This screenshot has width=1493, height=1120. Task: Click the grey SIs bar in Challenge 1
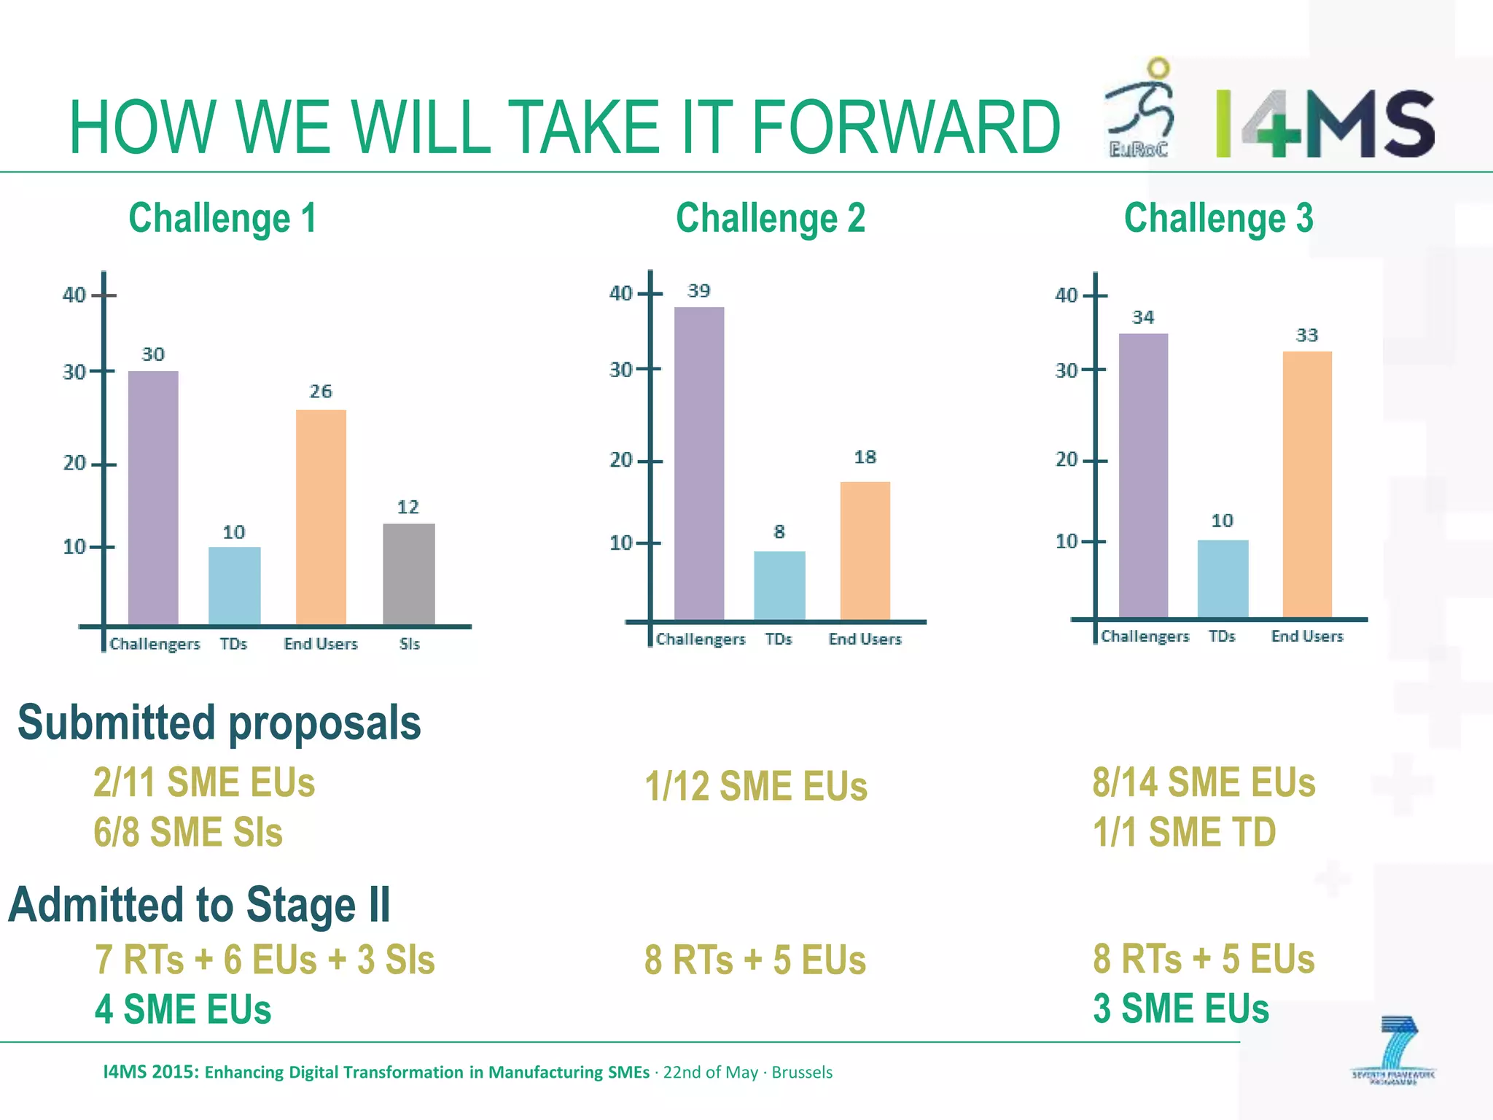[408, 574]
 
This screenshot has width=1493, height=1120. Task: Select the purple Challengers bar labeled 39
[699, 463]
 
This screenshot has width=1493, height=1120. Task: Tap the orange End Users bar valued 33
[1307, 484]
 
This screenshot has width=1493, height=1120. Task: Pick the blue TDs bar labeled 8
[779, 586]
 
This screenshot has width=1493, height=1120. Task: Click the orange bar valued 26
[321, 517]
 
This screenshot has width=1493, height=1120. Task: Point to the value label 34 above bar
[1143, 317]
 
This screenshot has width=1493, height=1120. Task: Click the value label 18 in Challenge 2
[865, 457]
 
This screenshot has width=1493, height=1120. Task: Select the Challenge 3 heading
[1218, 218]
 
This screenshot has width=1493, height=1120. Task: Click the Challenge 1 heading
[222, 218]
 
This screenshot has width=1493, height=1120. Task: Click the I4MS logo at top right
[1325, 124]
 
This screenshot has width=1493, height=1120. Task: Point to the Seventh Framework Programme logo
[1393, 1050]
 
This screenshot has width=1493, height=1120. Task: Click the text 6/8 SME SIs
[188, 832]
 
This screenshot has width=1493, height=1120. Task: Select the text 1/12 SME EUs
[756, 786]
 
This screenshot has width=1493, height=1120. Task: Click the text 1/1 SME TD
[1184, 832]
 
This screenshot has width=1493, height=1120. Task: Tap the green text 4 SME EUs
[183, 1009]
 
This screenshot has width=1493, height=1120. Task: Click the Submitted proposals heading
[219, 723]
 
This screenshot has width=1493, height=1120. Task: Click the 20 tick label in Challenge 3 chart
[1066, 459]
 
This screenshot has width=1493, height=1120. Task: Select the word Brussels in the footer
[802, 1073]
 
